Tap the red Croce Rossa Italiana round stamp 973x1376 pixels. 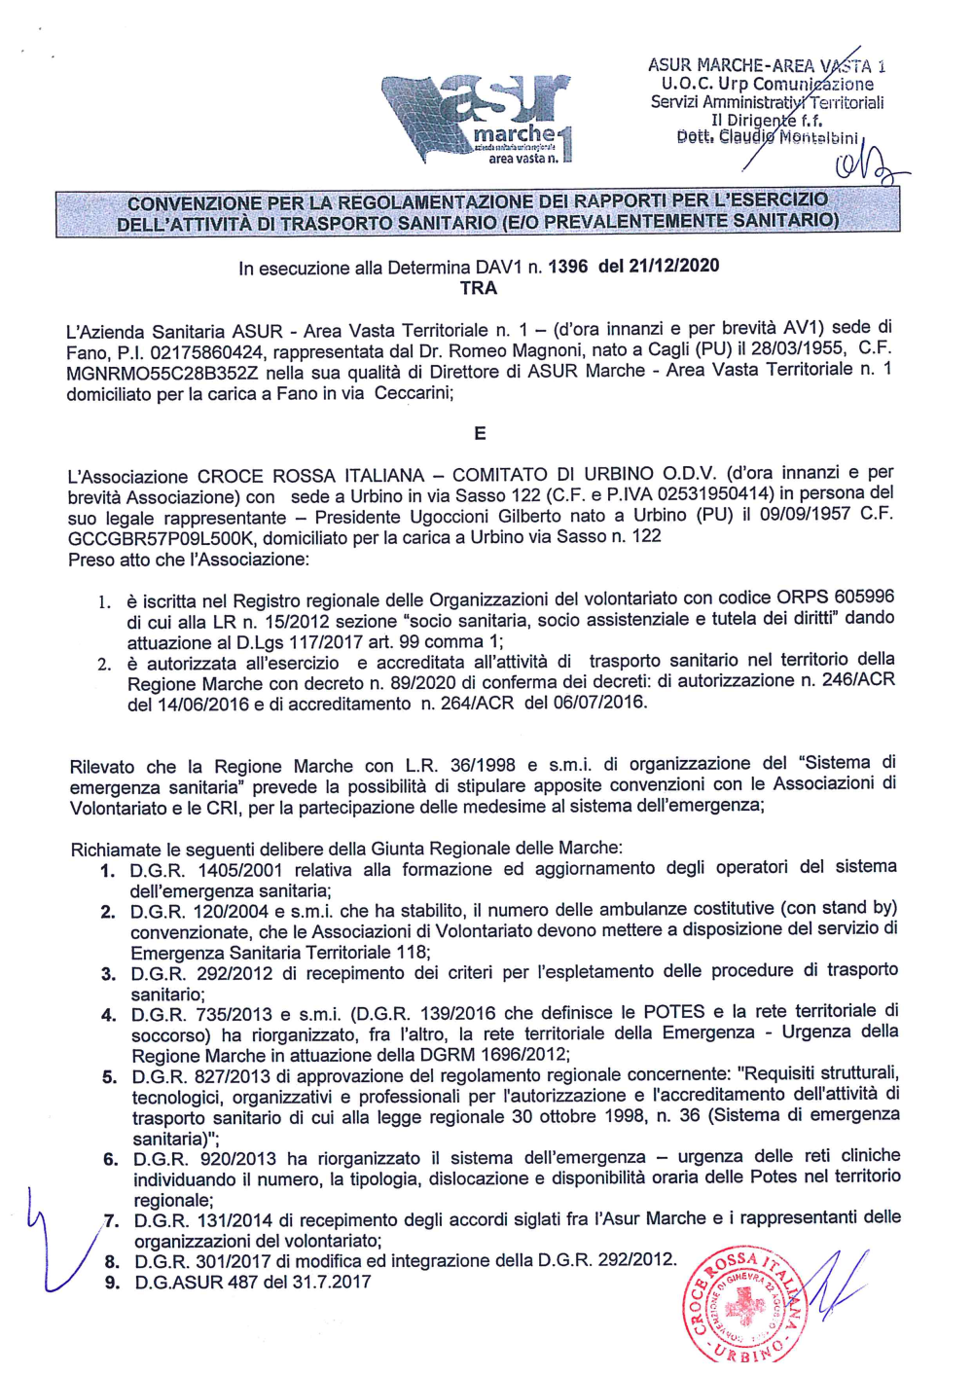click(x=745, y=1304)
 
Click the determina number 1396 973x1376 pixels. click(x=568, y=267)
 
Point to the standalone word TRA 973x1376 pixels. click(x=479, y=289)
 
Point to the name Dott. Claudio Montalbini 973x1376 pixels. click(x=768, y=137)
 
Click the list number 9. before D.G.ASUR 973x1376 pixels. click(x=113, y=1283)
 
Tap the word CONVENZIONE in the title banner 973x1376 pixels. click(x=195, y=203)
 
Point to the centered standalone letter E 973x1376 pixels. click(x=480, y=434)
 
